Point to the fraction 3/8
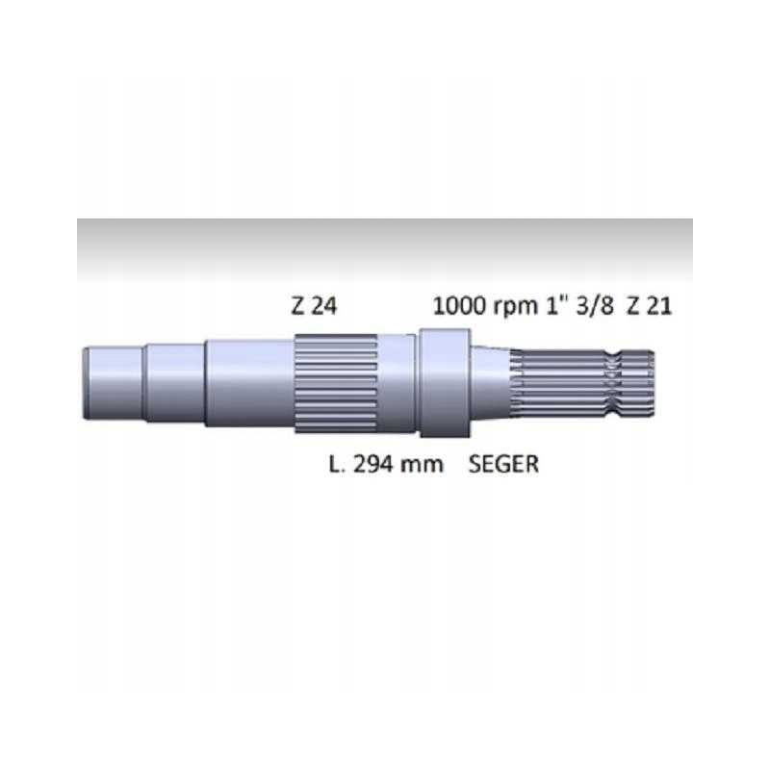(597, 307)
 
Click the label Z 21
(650, 307)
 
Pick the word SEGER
(503, 464)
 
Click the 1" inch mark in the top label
(557, 307)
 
